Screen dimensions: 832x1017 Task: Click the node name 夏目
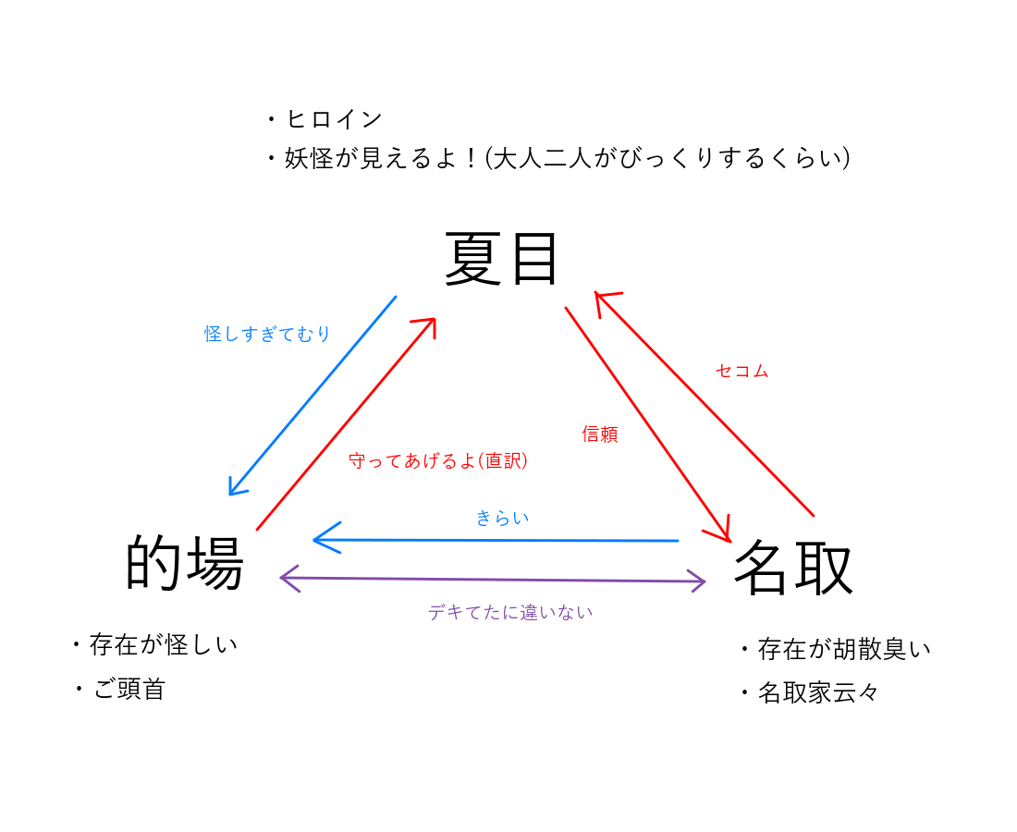(501, 260)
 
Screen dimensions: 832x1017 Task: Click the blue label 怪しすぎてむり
(267, 334)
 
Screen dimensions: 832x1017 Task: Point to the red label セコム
(741, 371)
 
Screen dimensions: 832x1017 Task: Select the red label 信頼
(600, 434)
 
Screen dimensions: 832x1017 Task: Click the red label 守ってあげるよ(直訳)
(438, 460)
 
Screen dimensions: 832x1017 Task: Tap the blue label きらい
(502, 518)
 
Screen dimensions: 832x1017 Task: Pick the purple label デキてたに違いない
(510, 612)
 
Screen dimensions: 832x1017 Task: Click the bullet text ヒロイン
(334, 119)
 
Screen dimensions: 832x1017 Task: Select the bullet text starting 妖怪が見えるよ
(567, 159)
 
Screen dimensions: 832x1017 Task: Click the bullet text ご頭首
(129, 689)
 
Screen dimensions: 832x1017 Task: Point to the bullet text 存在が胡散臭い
(844, 649)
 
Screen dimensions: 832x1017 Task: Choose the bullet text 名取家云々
(818, 692)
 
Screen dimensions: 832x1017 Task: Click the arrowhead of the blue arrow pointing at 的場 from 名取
(318, 538)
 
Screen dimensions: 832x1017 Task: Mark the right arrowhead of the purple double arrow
(702, 581)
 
